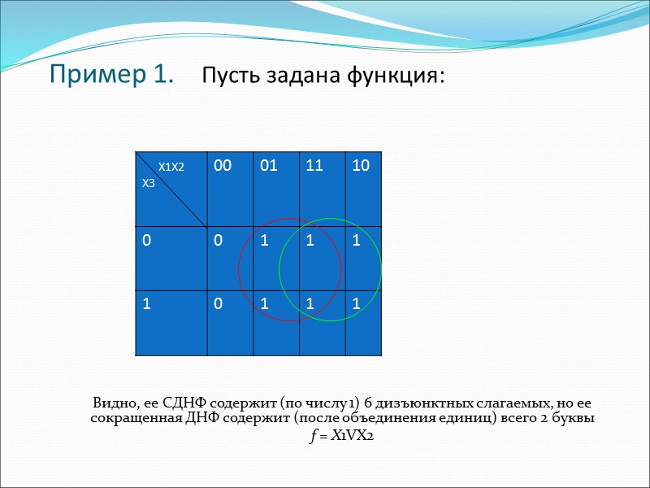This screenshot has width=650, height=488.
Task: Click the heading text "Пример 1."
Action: click(x=111, y=75)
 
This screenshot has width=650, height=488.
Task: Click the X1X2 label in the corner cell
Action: click(x=171, y=167)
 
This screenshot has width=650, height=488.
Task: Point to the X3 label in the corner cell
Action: click(x=149, y=184)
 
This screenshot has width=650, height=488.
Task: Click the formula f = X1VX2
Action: click(x=341, y=436)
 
